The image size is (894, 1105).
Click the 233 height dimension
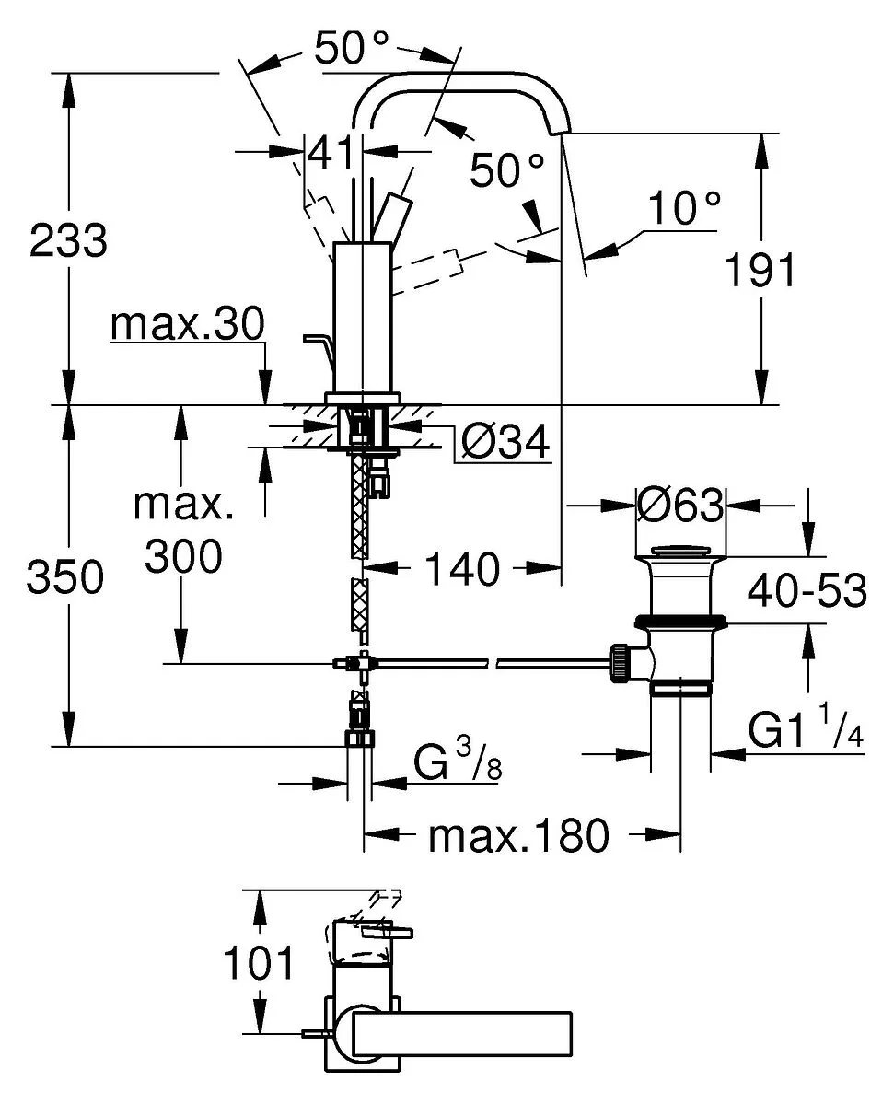pos(68,240)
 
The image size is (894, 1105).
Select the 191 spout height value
pos(760,270)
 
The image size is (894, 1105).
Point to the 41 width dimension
pos(331,153)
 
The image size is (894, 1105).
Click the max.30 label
pos(187,325)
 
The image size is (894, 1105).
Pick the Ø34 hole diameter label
pos(505,441)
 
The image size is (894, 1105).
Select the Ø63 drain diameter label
pos(679,505)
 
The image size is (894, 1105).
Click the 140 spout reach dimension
pos(462,569)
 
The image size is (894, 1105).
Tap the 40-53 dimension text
pos(807,590)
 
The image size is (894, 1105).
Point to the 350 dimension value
pos(65,576)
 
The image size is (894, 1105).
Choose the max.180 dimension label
pos(518,834)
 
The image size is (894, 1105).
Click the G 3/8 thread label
pos(458,761)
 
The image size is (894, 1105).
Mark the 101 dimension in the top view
pos(258,962)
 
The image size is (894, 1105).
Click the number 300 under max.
pos(183,555)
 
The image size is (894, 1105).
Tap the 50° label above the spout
pos(351,47)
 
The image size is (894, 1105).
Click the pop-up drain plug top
pos(680,551)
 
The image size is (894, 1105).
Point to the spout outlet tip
pos(560,132)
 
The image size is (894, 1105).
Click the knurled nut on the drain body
pos(621,664)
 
